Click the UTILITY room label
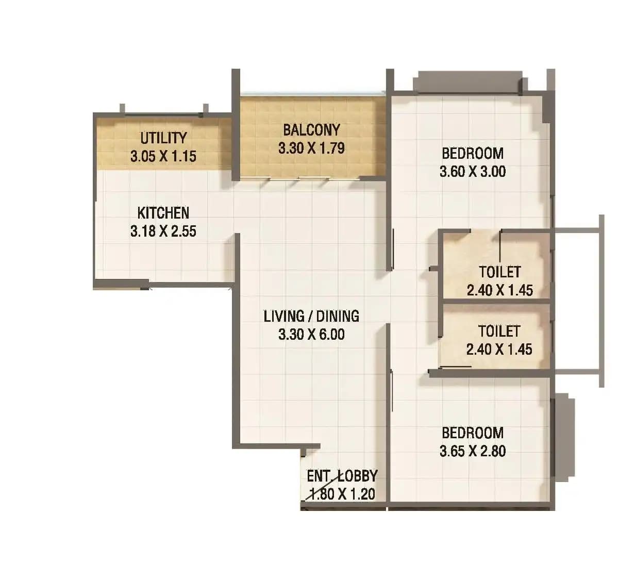163,138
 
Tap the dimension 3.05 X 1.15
163,156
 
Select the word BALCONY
311,129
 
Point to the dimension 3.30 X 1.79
311,148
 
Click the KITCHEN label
163,212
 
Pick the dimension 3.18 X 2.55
163,231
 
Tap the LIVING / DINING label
311,316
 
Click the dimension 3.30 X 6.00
311,334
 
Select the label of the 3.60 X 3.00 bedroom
473,153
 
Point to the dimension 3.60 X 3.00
473,171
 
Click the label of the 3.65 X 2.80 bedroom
473,433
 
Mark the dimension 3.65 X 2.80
473,451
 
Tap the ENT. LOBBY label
342,475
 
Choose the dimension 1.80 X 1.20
342,494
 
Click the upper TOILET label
499,271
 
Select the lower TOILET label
499,330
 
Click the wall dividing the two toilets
495,301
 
